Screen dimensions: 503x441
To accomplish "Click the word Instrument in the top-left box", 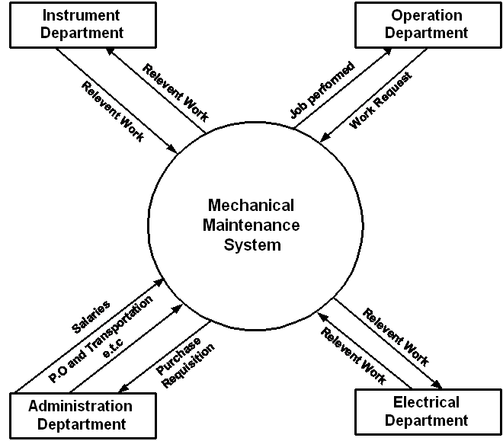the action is (x=81, y=15).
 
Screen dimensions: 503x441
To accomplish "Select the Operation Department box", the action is (x=428, y=25).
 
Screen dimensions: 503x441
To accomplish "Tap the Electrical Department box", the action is (x=428, y=412).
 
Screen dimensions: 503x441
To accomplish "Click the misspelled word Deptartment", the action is (x=82, y=424).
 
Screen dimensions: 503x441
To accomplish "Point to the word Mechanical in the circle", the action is (x=251, y=205).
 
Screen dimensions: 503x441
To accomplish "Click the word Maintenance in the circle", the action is (x=251, y=225).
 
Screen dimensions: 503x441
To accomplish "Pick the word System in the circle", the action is (x=252, y=245).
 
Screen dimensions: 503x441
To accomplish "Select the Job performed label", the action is (x=322, y=90).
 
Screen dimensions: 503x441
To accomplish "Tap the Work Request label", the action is (x=380, y=101).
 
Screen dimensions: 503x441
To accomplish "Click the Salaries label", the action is (x=91, y=317).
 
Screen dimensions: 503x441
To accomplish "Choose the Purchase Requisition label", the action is (x=185, y=362).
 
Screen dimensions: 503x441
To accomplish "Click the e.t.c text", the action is (x=113, y=348).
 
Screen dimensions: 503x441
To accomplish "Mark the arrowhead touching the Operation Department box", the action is (x=388, y=51).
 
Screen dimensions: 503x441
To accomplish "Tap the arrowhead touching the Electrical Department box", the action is (x=437, y=385).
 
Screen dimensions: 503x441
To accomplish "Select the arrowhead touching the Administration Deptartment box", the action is (x=123, y=388).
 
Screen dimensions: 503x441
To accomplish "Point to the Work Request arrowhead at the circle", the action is (x=325, y=137).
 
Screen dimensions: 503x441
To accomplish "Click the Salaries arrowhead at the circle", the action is (x=159, y=283).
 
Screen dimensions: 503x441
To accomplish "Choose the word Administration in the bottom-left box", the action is (x=81, y=407).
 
